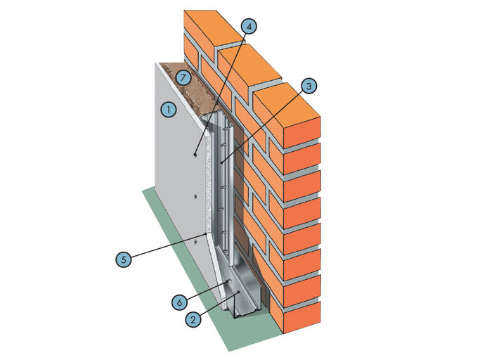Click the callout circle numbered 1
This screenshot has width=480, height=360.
[x=167, y=110]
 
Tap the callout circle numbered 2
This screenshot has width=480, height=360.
[x=191, y=318]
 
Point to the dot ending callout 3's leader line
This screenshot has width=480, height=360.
[x=221, y=162]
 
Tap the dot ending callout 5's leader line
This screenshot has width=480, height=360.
[x=205, y=233]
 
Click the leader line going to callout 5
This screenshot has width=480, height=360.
[x=165, y=245]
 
